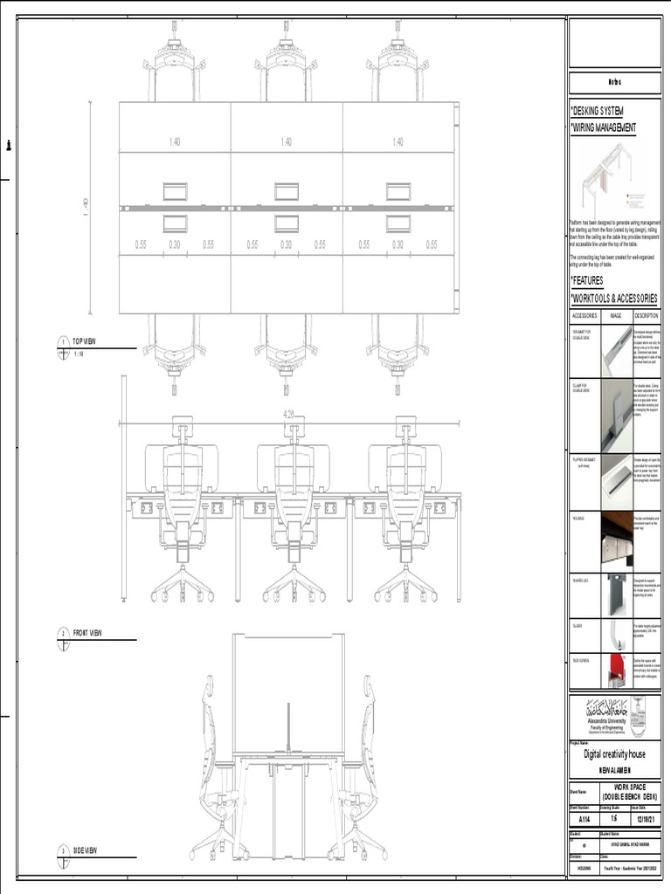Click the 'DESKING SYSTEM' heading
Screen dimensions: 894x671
click(597, 112)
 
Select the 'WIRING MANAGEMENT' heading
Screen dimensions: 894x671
click(604, 127)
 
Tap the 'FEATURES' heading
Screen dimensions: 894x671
click(588, 280)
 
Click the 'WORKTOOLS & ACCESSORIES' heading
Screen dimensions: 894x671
click(614, 299)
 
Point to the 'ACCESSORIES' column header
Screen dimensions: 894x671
click(585, 315)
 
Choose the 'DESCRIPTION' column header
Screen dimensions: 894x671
click(647, 315)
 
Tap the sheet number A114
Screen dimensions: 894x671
click(585, 819)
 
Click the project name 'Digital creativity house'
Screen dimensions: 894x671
click(615, 754)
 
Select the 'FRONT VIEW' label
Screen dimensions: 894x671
click(87, 633)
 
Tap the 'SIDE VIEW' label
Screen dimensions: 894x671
click(85, 850)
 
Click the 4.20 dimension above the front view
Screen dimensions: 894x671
click(288, 415)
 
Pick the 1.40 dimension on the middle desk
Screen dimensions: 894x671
click(287, 141)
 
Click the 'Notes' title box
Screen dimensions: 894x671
click(615, 83)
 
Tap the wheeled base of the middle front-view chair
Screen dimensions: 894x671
click(294, 587)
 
